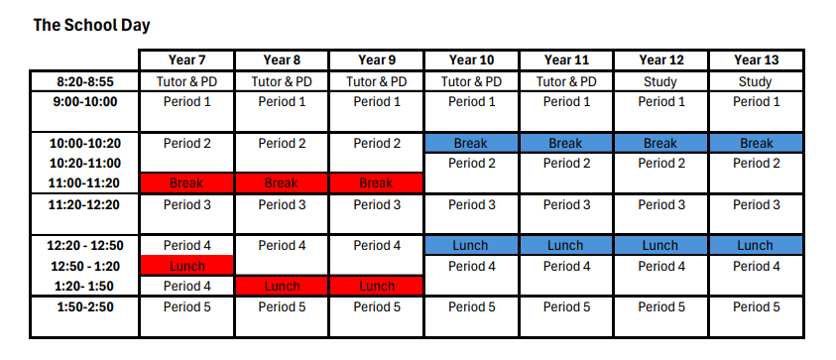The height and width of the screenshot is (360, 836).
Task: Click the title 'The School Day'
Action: (x=91, y=24)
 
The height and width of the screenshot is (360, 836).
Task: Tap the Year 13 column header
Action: (x=756, y=60)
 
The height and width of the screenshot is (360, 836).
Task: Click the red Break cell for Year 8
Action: (x=282, y=182)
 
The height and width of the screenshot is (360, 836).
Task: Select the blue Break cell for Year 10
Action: (x=470, y=143)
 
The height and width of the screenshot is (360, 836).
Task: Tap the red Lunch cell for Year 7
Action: (x=186, y=266)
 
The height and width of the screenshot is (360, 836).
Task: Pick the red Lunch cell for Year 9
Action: (x=376, y=287)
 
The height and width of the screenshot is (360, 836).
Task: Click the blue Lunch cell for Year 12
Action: (x=659, y=245)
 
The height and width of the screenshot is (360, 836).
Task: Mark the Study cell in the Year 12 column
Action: (x=659, y=81)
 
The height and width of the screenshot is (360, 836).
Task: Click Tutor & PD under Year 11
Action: (x=565, y=81)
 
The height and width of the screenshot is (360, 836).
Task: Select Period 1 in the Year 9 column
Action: (x=376, y=101)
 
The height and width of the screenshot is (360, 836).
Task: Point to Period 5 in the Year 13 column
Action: (x=756, y=306)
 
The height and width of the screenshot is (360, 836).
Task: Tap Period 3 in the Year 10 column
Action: (x=470, y=205)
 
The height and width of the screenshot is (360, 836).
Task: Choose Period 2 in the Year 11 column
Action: (x=565, y=163)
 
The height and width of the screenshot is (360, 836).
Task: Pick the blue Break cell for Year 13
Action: (x=756, y=143)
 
